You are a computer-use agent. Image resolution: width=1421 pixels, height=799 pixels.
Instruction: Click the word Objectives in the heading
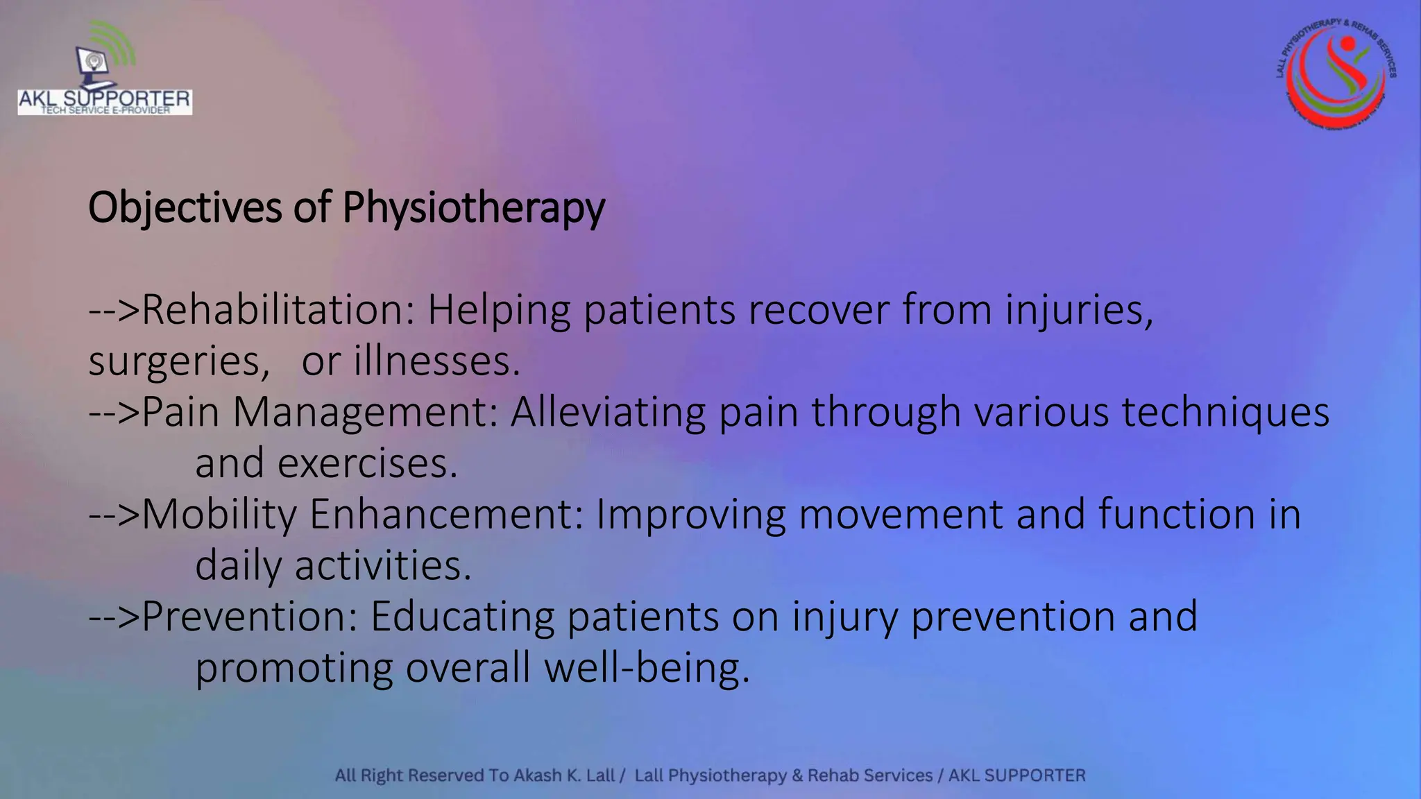tap(185, 207)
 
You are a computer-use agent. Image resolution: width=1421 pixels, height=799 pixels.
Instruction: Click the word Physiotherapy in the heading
tap(473, 207)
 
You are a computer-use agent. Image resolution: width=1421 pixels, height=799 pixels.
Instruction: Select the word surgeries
tap(179, 361)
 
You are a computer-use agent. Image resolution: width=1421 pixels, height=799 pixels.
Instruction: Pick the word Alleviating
tap(608, 412)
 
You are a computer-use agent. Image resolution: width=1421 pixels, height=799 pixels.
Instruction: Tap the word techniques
tap(1225, 412)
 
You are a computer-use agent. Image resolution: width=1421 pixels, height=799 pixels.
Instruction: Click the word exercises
tap(368, 463)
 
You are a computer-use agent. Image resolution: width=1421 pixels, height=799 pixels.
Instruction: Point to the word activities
tap(383, 565)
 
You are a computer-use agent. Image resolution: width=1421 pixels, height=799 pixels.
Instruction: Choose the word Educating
tap(462, 616)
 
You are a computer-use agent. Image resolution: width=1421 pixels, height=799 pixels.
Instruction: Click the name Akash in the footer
tap(538, 775)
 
